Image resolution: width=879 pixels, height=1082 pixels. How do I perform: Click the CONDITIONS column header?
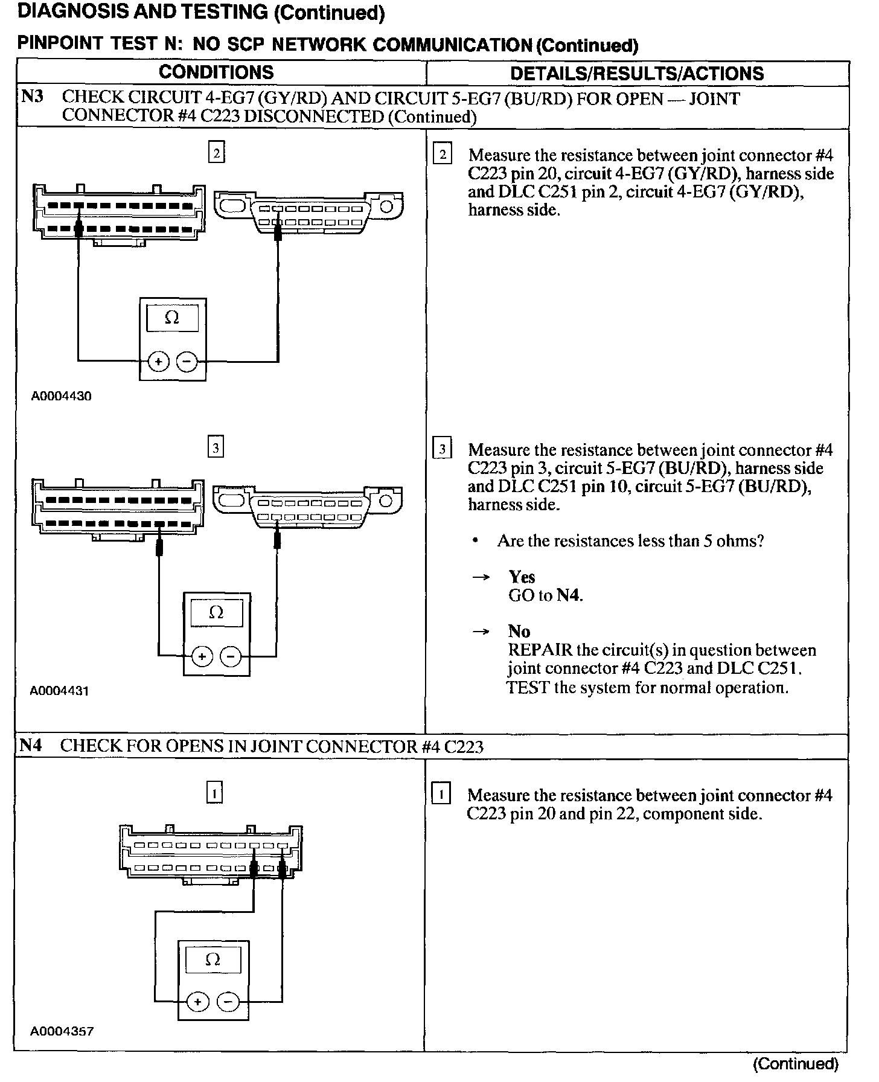coord(216,72)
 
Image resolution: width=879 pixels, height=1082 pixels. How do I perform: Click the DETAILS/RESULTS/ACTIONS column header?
coord(637,74)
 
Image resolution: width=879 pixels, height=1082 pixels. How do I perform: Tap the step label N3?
coord(33,97)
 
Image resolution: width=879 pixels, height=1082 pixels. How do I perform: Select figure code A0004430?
coord(62,397)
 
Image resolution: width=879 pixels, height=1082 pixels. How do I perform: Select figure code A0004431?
coord(60,691)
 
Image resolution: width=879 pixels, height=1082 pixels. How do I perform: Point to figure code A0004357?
coord(62,1031)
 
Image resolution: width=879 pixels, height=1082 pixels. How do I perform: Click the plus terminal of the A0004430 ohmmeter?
coord(158,362)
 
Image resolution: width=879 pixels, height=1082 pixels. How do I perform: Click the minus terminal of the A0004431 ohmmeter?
coord(231,656)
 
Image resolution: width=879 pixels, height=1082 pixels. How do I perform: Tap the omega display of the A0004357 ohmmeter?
coord(213,960)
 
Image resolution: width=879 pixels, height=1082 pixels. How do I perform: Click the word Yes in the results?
coord(522,577)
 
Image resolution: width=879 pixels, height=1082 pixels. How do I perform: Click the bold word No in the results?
coord(519,632)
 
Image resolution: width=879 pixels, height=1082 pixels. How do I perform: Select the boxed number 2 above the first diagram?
coord(216,153)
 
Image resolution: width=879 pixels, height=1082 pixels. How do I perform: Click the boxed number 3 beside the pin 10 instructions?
coord(443,450)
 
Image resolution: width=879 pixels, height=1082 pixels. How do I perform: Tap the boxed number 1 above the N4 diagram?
coord(215,792)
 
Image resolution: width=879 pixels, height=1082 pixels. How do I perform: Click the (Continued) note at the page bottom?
coord(796,1063)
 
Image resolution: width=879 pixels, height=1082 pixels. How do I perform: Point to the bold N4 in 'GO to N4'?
coord(569,595)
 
